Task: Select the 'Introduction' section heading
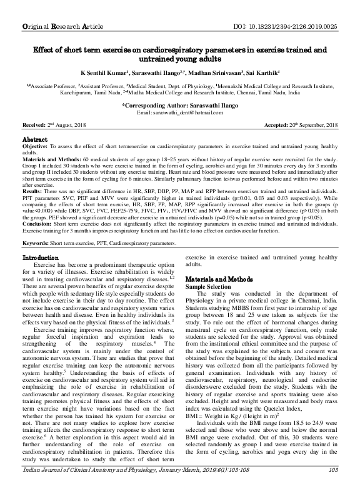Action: tap(41, 258)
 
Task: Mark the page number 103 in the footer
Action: tap(332, 486)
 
